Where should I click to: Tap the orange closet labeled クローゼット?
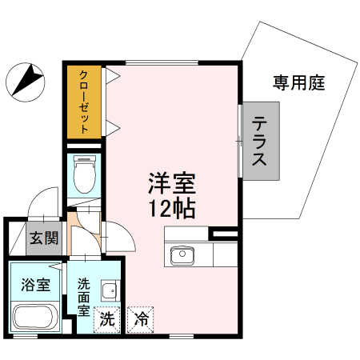click(82, 101)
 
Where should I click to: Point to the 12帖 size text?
click(171, 210)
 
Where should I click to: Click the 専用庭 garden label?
click(297, 82)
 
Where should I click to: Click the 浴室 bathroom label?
click(36, 285)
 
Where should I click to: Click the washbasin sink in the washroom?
click(109, 290)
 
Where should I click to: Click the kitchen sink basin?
click(181, 256)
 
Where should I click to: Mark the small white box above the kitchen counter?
click(223, 234)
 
